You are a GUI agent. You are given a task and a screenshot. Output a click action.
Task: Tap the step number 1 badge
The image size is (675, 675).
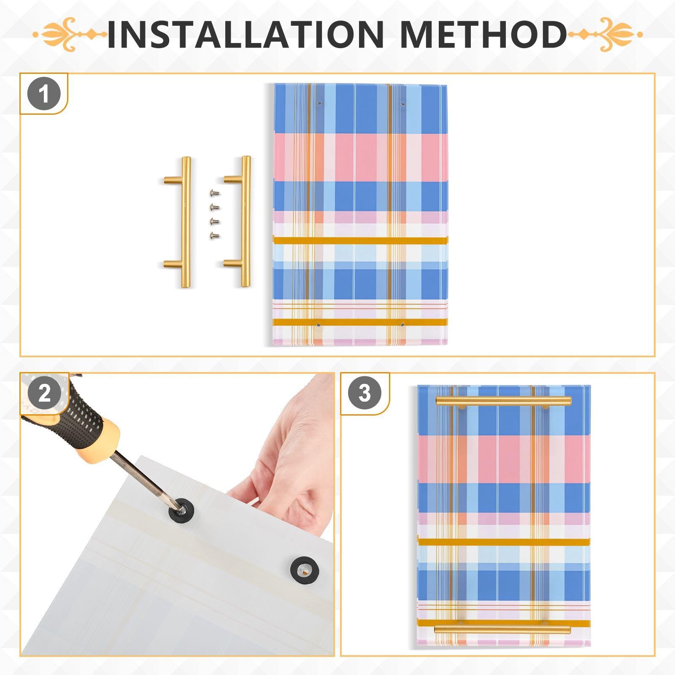click(44, 94)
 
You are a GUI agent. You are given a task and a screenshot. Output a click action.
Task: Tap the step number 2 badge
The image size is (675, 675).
click(44, 393)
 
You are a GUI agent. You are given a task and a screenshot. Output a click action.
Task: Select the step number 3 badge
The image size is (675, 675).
click(364, 393)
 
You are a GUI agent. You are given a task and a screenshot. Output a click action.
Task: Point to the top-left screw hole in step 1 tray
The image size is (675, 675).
click(319, 103)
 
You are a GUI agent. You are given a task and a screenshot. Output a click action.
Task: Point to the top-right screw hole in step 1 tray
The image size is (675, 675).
click(402, 104)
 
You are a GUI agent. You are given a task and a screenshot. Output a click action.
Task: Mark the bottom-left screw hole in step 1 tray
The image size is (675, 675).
click(319, 325)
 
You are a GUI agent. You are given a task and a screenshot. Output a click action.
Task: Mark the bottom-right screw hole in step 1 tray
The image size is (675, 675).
click(402, 325)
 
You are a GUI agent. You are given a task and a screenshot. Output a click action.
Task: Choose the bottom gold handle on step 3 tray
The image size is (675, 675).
click(502, 629)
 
